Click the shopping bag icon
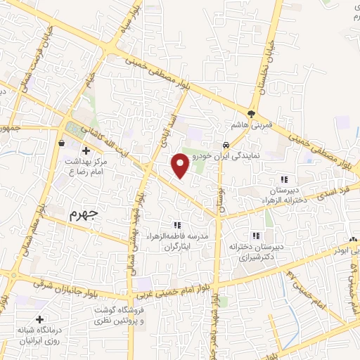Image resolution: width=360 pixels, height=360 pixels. point(63,142)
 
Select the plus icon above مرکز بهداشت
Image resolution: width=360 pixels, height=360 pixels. point(86,151)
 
